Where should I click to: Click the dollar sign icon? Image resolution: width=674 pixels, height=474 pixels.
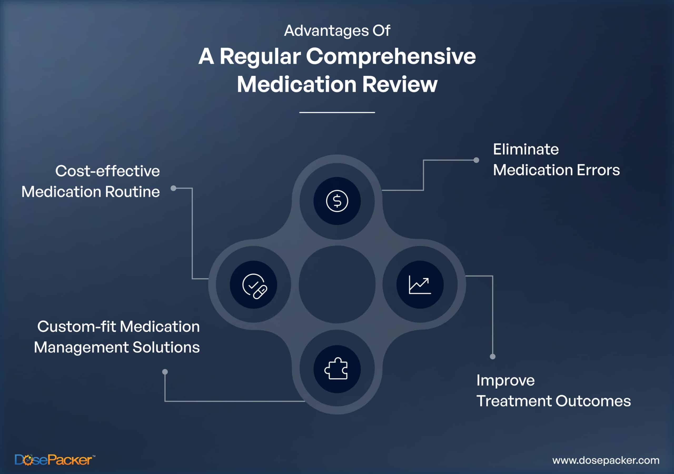tap(337, 201)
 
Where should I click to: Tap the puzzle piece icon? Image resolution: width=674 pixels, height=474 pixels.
tap(336, 369)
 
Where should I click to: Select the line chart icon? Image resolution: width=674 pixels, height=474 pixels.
tap(420, 285)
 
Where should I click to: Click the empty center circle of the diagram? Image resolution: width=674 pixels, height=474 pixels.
tap(337, 284)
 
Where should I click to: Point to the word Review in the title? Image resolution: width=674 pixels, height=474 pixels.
tap(400, 85)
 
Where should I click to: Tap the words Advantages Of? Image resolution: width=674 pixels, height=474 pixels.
tap(337, 31)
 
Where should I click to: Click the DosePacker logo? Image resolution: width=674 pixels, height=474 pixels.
tap(54, 460)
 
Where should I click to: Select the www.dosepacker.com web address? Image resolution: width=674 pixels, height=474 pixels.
tap(606, 460)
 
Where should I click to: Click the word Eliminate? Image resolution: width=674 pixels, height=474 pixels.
tap(526, 150)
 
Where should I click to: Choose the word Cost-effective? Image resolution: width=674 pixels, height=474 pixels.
tap(107, 171)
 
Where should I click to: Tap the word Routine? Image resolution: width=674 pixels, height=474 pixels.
tap(132, 192)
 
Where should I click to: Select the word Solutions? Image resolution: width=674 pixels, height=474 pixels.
tap(166, 347)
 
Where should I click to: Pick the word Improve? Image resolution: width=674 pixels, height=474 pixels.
tap(506, 381)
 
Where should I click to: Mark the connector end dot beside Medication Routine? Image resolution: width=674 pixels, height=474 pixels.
tap(174, 188)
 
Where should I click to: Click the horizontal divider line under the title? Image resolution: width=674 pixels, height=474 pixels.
tap(337, 112)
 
